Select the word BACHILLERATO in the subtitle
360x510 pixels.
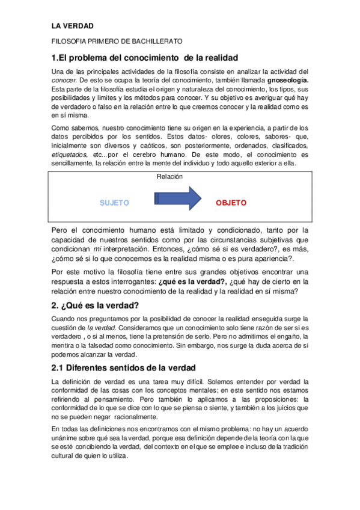[x=157, y=41]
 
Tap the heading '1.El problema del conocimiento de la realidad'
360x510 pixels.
[x=145, y=58]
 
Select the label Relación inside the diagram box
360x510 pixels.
[x=169, y=177]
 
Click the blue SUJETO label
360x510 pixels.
[x=114, y=203]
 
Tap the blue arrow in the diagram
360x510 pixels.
[x=178, y=198]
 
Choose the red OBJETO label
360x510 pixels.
[x=231, y=203]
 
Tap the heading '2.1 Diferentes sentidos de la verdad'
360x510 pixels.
[x=123, y=367]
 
